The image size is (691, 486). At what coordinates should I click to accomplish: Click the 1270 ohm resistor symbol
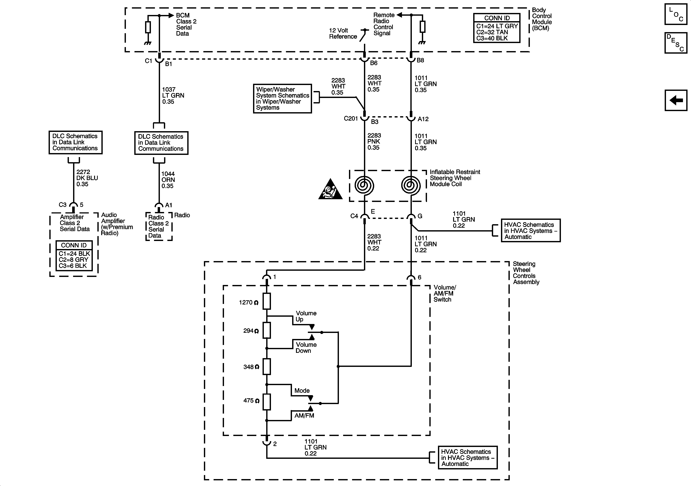click(x=267, y=301)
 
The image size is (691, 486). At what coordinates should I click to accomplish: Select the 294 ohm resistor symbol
click(x=267, y=330)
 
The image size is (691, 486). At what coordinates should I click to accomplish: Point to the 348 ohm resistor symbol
click(x=267, y=366)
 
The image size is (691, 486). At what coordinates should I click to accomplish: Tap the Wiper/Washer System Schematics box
click(x=282, y=99)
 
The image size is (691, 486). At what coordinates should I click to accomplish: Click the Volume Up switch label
click(x=306, y=316)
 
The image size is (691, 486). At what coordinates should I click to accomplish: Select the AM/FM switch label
click(x=304, y=416)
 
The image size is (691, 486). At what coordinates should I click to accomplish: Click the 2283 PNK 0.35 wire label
click(x=374, y=142)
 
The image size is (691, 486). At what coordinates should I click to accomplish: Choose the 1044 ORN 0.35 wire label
click(x=168, y=180)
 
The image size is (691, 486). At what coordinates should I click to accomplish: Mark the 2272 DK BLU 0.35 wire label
click(x=87, y=178)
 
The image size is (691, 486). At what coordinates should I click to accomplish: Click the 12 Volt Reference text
click(x=343, y=33)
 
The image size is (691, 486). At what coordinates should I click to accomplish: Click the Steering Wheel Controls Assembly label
click(x=526, y=273)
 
